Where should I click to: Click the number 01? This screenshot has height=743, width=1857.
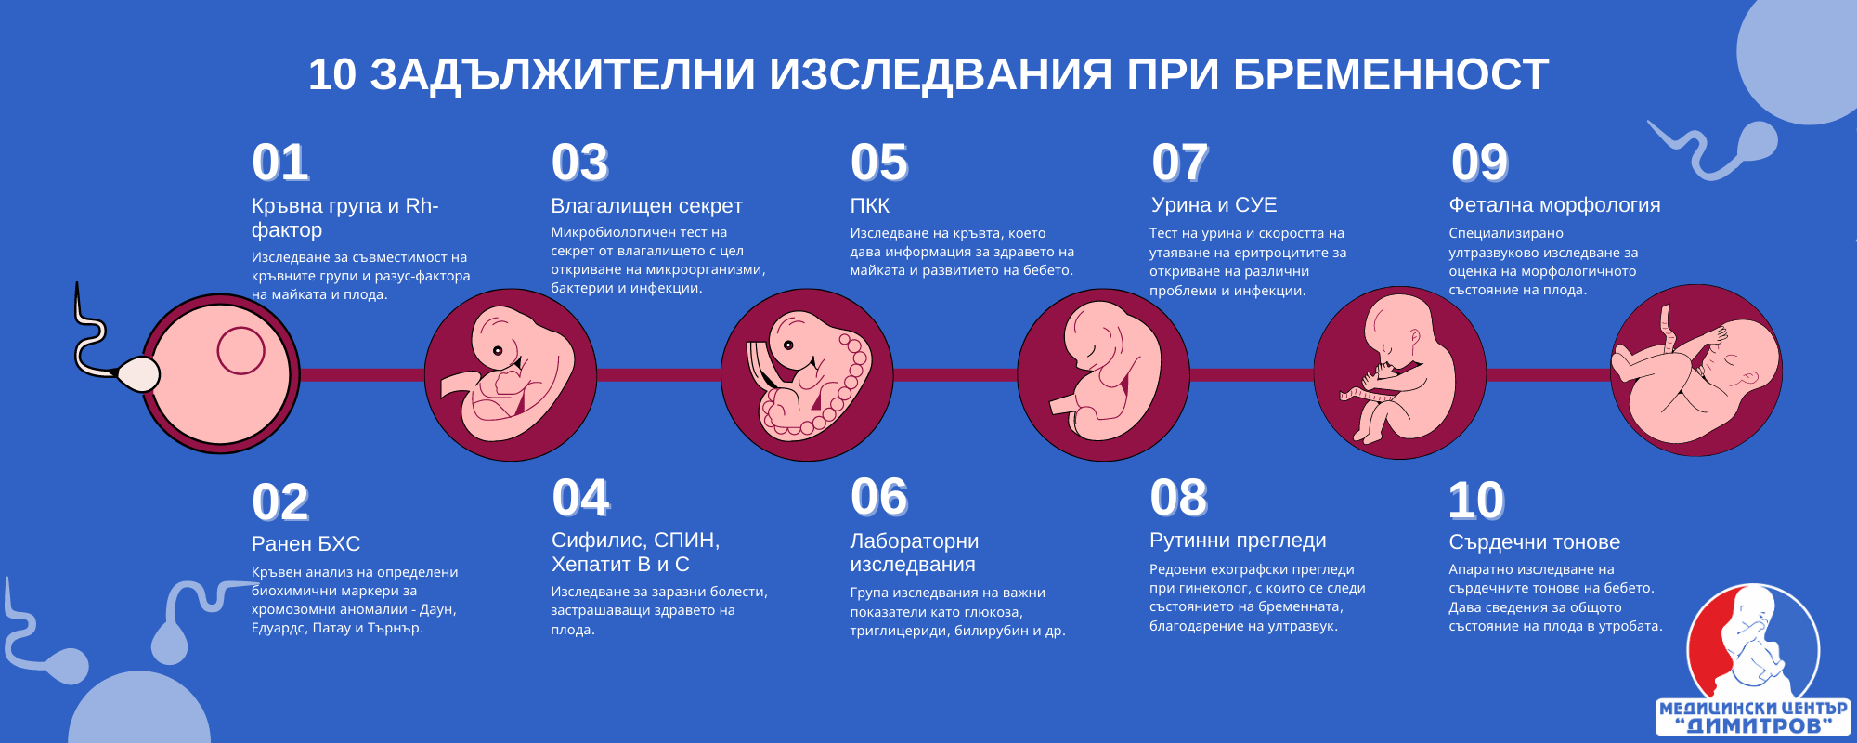click(x=280, y=163)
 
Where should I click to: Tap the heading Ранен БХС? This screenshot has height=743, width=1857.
click(x=305, y=544)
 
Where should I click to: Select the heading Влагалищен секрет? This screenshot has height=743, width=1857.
click(x=646, y=206)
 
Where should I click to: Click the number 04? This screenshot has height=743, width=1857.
click(x=580, y=498)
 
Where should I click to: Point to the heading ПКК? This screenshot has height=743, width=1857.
click(x=870, y=206)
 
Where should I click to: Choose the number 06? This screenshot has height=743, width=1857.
click(x=879, y=497)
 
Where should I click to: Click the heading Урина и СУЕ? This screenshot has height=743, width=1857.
click(x=1214, y=205)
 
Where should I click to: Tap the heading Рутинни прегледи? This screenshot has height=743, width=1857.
click(x=1238, y=541)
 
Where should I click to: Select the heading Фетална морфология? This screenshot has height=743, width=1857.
click(x=1554, y=205)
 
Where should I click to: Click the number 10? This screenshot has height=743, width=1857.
click(x=1476, y=502)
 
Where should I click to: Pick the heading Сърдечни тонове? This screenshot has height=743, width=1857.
click(x=1534, y=542)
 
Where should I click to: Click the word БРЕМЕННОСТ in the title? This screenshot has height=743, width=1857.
click(x=1391, y=74)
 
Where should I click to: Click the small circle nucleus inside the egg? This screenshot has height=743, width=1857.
click(x=240, y=351)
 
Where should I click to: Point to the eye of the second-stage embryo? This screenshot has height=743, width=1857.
click(x=498, y=351)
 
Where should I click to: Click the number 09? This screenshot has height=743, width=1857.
click(x=1480, y=163)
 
